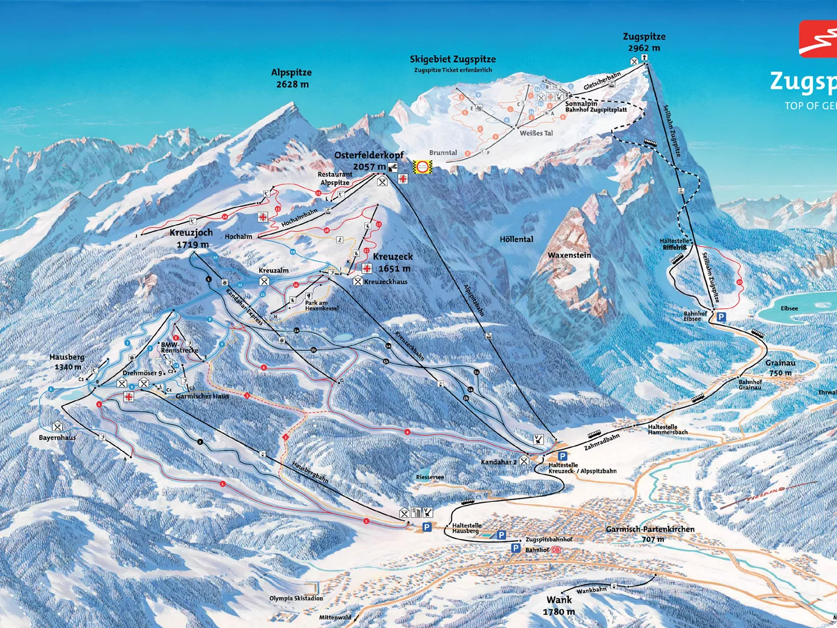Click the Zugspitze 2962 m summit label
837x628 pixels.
coord(644,43)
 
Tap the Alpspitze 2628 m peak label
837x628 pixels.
coord(291,78)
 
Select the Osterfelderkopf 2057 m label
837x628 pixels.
coord(369,161)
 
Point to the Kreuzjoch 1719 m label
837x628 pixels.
coord(191,238)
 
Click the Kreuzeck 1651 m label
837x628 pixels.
coord(393,262)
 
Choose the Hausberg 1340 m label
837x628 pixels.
coord(67,362)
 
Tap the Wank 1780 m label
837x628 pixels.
coord(559,606)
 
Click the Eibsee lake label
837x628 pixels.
coord(789,308)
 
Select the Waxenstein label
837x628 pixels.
coord(569,255)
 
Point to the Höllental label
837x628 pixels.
coord(516,239)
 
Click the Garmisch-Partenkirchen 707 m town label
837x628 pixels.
coord(650,534)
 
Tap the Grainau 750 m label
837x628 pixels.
coord(781,367)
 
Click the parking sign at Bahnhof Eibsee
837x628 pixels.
coord(721,317)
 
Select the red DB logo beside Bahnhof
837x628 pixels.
coord(555,550)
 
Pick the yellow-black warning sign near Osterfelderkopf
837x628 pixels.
coord(423,167)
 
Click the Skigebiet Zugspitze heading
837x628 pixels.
coord(452,59)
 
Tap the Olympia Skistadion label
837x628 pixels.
coord(296,598)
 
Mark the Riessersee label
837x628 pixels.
coord(429,477)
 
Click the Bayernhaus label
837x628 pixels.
coord(57,438)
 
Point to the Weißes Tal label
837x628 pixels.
coord(536,133)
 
